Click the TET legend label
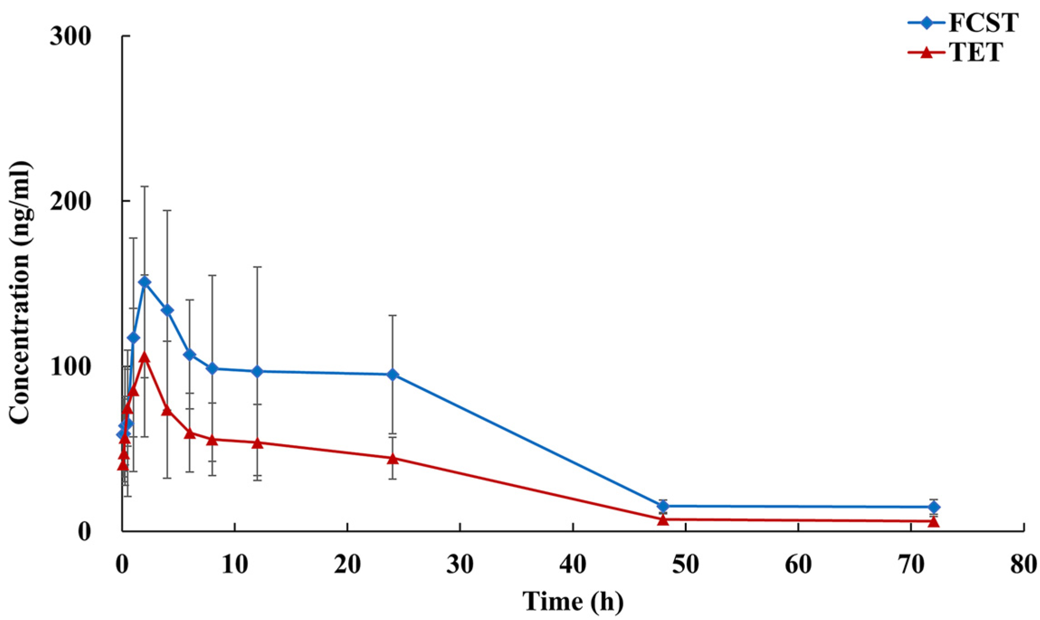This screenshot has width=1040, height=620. click(x=975, y=53)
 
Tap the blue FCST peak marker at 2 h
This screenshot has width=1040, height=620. click(x=145, y=283)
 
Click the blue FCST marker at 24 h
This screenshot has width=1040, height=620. click(x=393, y=374)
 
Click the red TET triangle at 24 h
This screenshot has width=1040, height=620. click(x=393, y=458)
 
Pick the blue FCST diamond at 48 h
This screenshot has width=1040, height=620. click(x=663, y=506)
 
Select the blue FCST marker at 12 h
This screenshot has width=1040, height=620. click(x=257, y=371)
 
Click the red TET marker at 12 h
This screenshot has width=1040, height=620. click(x=257, y=443)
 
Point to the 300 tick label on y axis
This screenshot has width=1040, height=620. click(x=71, y=36)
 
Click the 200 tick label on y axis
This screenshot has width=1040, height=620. click(x=71, y=201)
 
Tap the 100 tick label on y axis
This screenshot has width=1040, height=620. click(x=71, y=367)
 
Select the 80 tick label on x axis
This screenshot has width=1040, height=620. click(x=1023, y=564)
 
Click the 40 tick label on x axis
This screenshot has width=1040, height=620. click(x=573, y=564)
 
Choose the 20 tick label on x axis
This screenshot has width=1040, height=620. click(x=347, y=564)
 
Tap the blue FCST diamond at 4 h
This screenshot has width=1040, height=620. click(x=167, y=310)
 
